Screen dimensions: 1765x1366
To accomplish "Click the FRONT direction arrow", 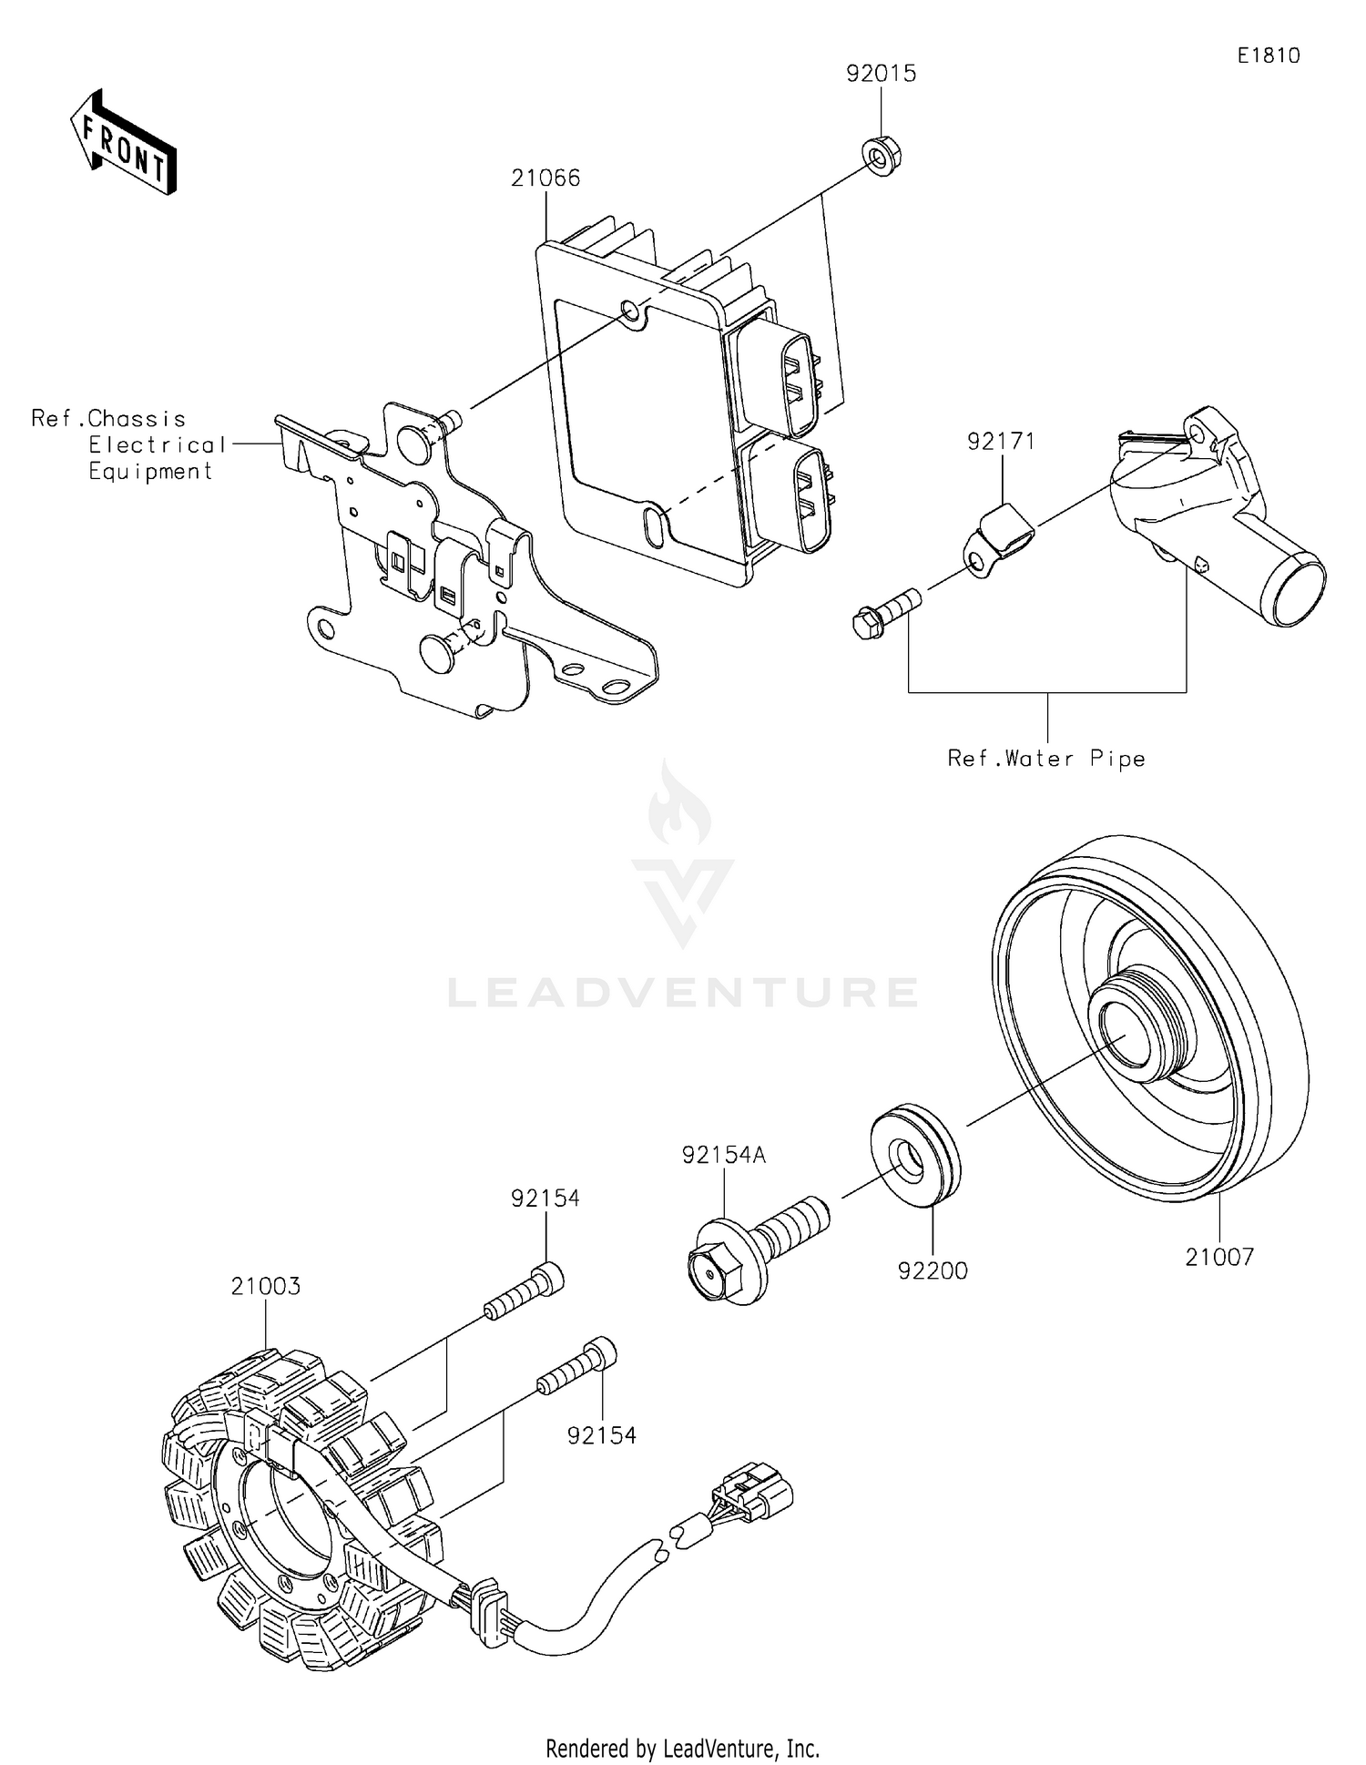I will pyautogui.click(x=123, y=143).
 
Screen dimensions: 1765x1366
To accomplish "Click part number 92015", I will pyautogui.click(x=881, y=74).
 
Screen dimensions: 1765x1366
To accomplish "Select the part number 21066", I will pyautogui.click(x=545, y=178).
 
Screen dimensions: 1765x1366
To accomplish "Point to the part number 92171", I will pyautogui.click(x=1001, y=442).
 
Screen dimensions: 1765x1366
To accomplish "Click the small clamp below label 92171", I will pyautogui.click(x=998, y=541).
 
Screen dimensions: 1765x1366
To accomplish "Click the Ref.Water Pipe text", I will pyautogui.click(x=1046, y=759).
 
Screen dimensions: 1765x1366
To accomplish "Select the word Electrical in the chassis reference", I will pyautogui.click(x=157, y=445).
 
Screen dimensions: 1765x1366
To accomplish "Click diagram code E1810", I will pyautogui.click(x=1268, y=56).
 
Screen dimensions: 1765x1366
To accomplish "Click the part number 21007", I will pyautogui.click(x=1219, y=1257).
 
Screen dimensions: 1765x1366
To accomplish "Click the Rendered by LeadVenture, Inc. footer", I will pyautogui.click(x=682, y=1748).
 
